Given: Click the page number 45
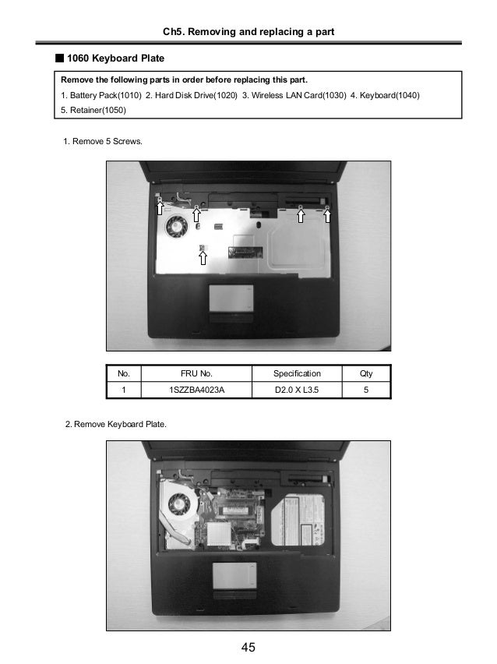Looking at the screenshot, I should click(x=248, y=647).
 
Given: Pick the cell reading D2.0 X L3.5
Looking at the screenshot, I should click(x=297, y=390).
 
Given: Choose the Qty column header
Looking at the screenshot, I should click(x=366, y=373).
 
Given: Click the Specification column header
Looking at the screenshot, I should click(x=297, y=373).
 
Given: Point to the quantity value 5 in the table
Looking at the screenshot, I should click(x=366, y=390).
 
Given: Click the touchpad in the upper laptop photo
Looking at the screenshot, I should click(x=231, y=298).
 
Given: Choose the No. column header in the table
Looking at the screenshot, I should click(x=123, y=373).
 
